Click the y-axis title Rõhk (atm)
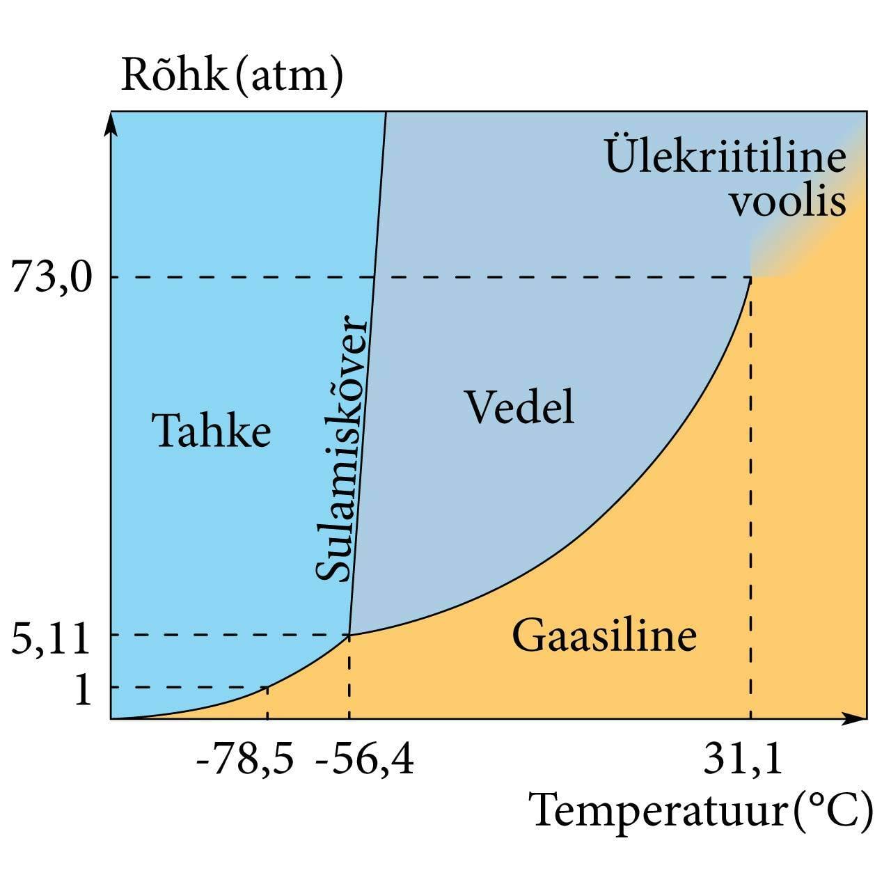(232, 74)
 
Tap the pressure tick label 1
(82, 690)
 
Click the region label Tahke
(212, 430)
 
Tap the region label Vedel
(519, 407)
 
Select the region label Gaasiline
(604, 635)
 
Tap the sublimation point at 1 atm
(268, 687)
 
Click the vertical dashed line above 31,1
(750, 487)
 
